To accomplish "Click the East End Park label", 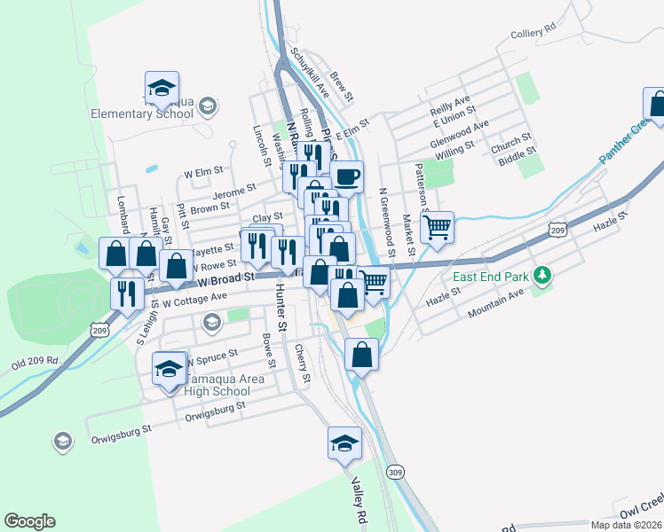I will pyautogui.click(x=490, y=277).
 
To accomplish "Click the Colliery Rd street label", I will pyautogui.click(x=533, y=29).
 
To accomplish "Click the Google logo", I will pyautogui.click(x=29, y=521).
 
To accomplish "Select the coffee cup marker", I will pyautogui.click(x=347, y=176).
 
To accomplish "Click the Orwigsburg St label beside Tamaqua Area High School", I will pyautogui.click(x=209, y=410).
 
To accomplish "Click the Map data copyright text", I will pyautogui.click(x=625, y=525).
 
